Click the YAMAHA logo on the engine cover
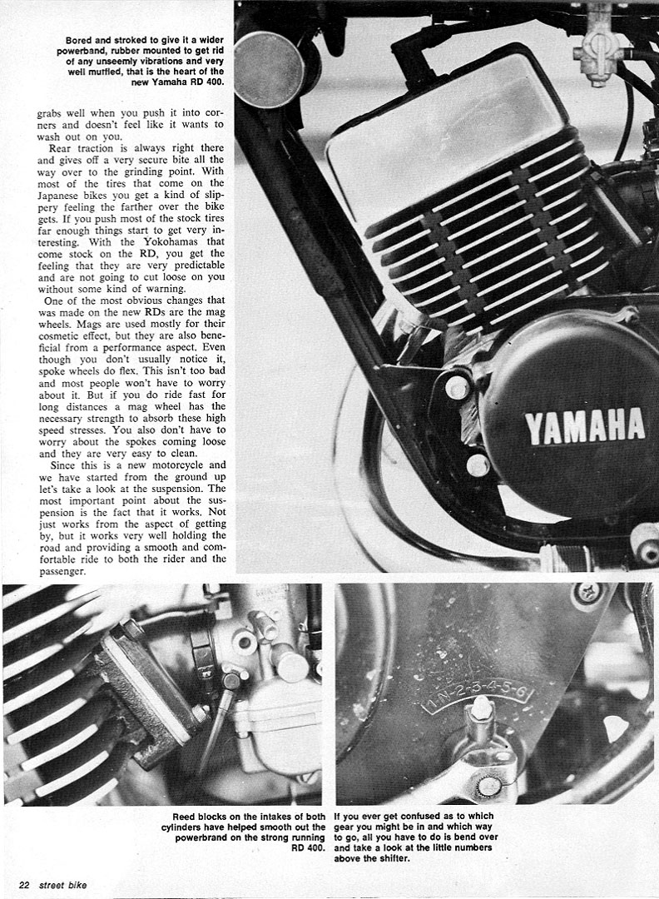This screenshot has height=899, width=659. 584,426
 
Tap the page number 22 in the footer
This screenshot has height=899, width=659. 24,885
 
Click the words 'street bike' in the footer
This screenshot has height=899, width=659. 63,885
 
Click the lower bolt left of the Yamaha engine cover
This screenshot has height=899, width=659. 478,465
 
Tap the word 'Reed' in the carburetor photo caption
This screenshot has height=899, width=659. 183,816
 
